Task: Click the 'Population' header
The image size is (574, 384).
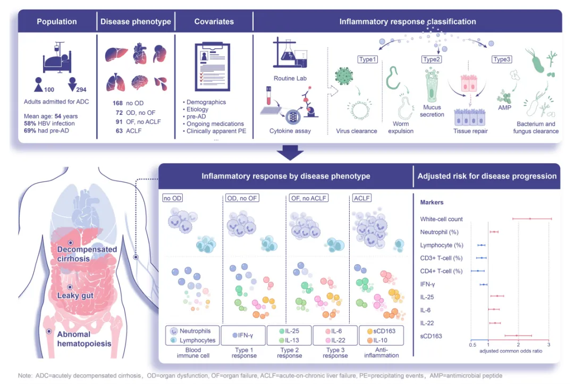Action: pos(57,22)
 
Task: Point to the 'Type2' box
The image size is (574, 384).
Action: pos(431,59)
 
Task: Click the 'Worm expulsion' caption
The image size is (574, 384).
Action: pos(401,128)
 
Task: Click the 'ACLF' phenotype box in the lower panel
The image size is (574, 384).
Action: pos(362,198)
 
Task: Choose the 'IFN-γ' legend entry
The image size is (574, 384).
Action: pos(243,336)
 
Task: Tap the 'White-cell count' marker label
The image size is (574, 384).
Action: pos(441,219)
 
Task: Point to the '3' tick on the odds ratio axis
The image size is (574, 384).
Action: pos(548,345)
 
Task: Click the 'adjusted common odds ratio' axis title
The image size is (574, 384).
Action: pos(511,352)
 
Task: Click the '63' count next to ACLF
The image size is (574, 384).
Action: pos(117,130)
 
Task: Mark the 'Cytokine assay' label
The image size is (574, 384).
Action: pos(290,131)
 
